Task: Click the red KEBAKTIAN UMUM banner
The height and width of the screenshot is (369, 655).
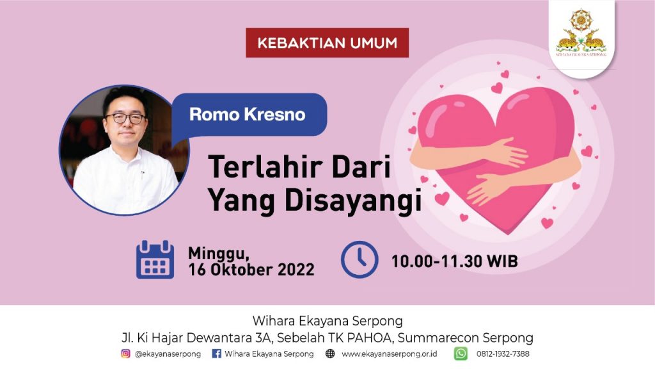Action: pos(327,43)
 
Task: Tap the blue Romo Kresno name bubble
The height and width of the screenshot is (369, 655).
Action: pos(249,114)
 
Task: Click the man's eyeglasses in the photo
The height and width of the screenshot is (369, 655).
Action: pos(125,119)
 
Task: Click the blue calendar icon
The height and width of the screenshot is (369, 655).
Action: pos(155,259)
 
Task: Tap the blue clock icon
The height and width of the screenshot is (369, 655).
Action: pos(359,259)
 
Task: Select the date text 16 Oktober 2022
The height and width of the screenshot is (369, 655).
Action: pos(251,270)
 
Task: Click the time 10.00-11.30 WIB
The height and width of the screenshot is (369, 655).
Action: pos(455,261)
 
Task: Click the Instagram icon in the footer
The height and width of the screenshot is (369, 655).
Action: pos(126,354)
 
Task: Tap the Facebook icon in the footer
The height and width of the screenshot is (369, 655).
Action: pos(216,354)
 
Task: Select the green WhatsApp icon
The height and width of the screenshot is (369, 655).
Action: pos(461,354)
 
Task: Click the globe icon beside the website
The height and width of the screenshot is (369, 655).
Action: pos(330,354)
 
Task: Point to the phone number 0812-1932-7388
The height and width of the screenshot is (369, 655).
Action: pos(503,354)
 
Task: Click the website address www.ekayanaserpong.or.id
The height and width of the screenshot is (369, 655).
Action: pos(390,354)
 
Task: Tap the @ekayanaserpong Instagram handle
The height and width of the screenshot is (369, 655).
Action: pos(168,354)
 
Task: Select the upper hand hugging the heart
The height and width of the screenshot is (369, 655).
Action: pos(507,152)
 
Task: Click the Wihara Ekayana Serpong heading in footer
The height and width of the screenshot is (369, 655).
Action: pos(327,321)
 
